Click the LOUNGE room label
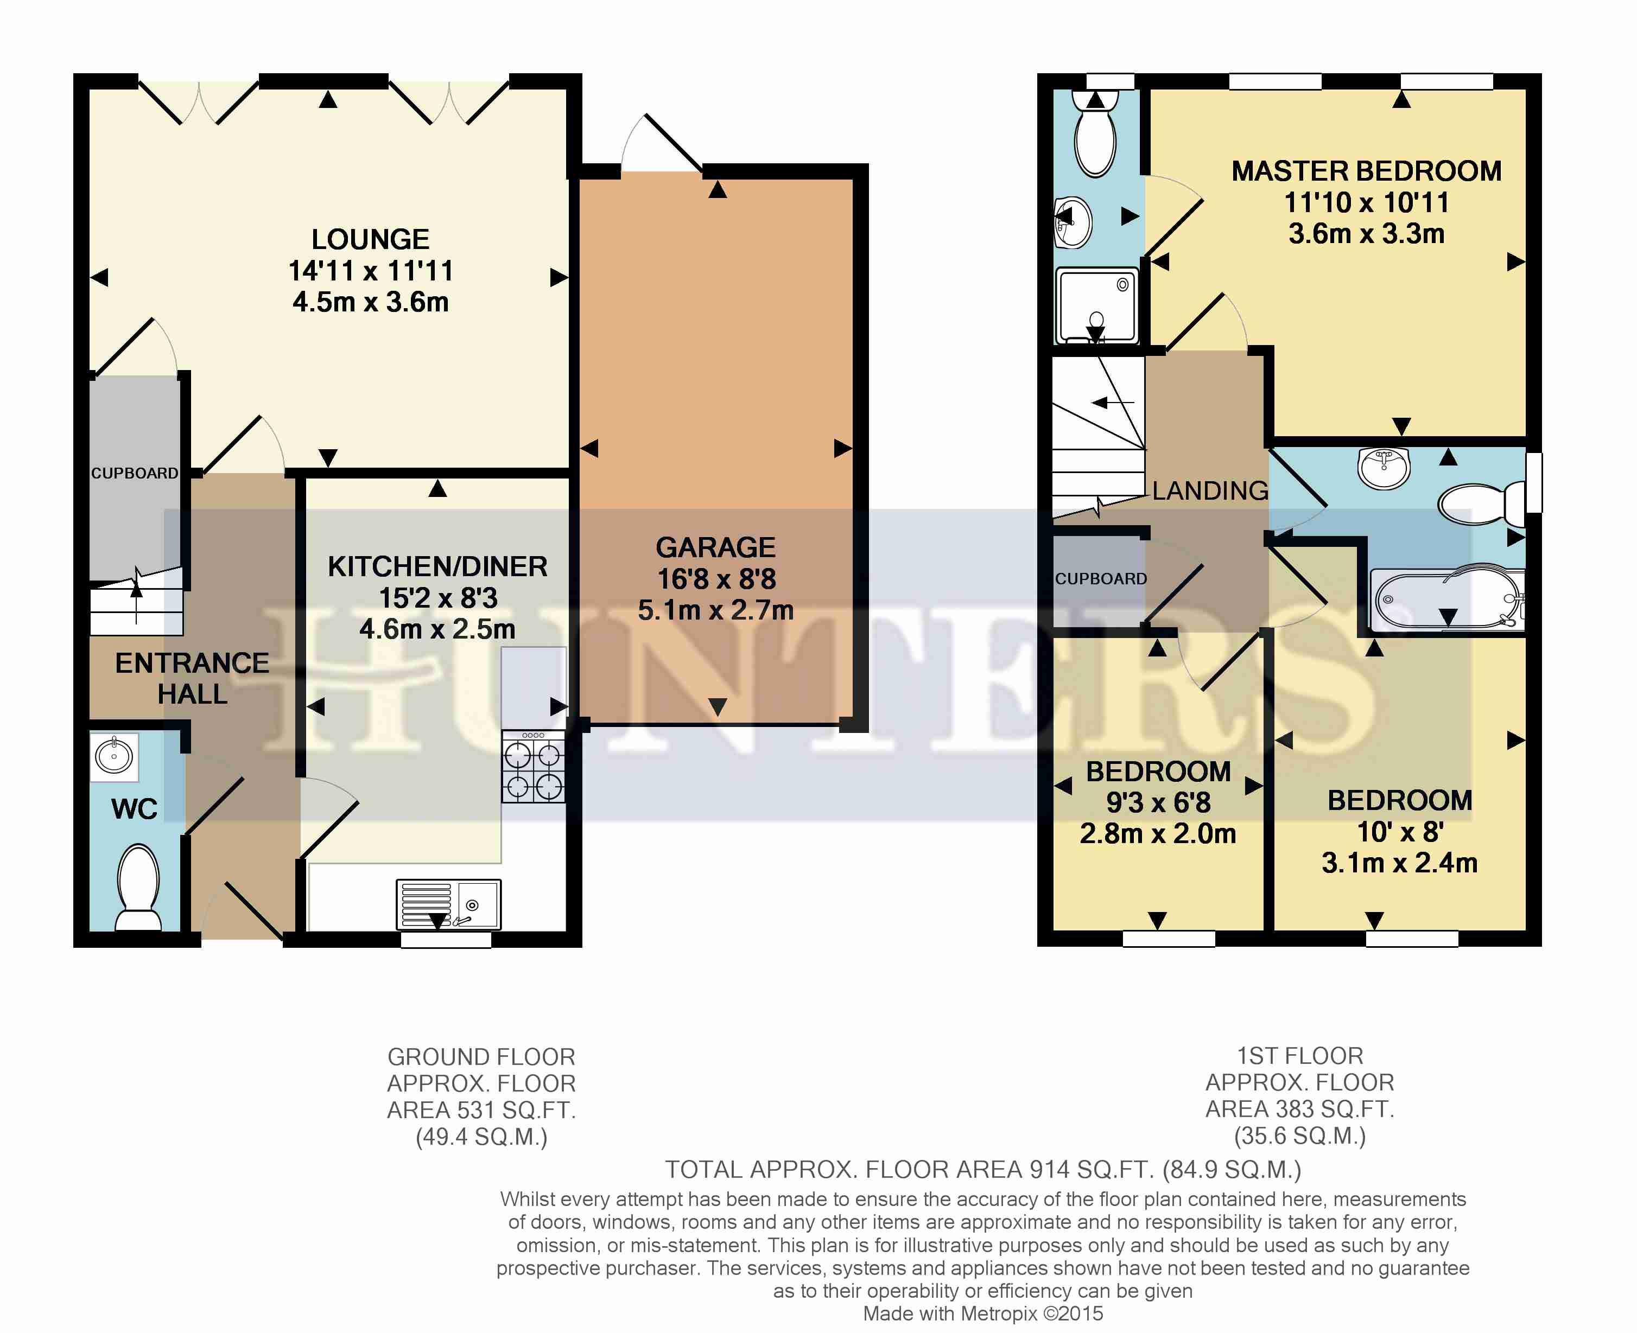tap(370, 240)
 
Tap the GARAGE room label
tap(715, 547)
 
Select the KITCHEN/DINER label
tap(437, 567)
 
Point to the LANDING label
tap(1210, 490)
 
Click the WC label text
tap(135, 809)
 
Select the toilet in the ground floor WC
tap(138, 888)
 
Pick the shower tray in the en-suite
tap(1097, 305)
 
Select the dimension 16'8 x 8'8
tap(716, 579)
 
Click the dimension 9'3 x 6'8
tap(1158, 802)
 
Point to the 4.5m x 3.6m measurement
tap(370, 302)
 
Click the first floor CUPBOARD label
tap(1101, 579)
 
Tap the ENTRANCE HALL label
tap(192, 679)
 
